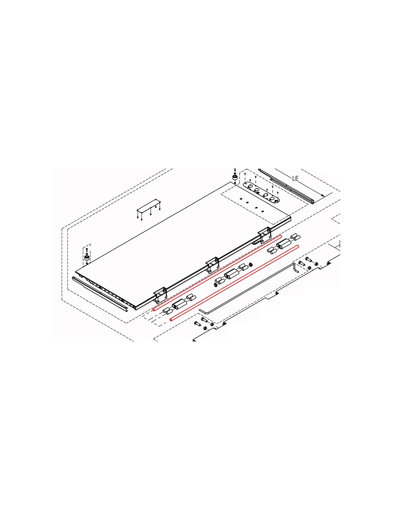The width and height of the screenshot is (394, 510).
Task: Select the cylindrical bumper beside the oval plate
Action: pyautogui.click(x=235, y=177)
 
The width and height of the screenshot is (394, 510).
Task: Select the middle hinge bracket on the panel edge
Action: pyautogui.click(x=212, y=265)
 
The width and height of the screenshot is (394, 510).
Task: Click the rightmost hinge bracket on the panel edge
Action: pyautogui.click(x=264, y=235)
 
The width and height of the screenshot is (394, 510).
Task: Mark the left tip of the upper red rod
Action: pyautogui.click(x=154, y=310)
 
